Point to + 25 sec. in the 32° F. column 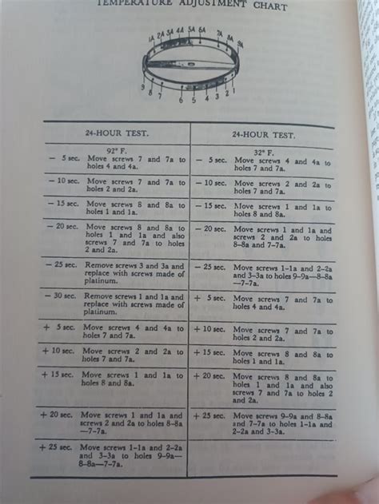(210, 415)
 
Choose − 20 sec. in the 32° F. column (210, 228)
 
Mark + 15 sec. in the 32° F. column (210, 351)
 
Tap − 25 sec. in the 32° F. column (210, 265)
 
